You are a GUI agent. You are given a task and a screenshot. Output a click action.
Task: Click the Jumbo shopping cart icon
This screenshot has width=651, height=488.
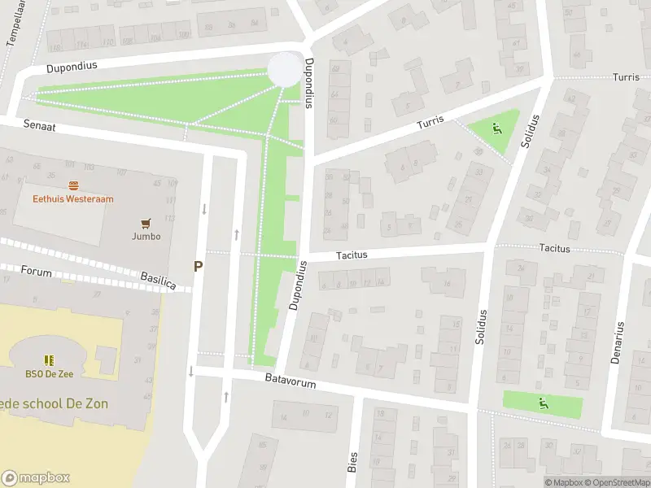click(146, 223)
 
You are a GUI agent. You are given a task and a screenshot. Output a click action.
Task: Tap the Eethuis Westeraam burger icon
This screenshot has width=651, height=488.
click(73, 185)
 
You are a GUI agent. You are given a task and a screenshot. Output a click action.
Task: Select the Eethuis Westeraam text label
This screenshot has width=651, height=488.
click(73, 198)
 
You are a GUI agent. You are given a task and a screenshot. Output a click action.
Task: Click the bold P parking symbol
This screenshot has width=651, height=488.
click(198, 266)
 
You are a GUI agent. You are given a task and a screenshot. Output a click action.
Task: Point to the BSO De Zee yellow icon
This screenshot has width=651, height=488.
click(48, 359)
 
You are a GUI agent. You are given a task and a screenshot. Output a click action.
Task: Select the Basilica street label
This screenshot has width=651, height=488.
click(158, 281)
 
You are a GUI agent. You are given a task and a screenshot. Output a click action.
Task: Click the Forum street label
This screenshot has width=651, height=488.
click(37, 271)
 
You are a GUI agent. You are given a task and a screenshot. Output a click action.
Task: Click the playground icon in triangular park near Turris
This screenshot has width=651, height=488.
click(495, 128)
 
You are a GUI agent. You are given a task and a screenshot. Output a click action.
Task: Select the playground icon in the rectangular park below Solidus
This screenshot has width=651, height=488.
click(543, 402)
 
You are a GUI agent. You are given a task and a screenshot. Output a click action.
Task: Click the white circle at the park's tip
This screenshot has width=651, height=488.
click(284, 68)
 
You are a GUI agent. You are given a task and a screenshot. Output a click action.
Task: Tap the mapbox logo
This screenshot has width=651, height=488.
click(36, 477)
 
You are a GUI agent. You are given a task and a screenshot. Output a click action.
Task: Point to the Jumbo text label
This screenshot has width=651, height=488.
click(146, 237)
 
